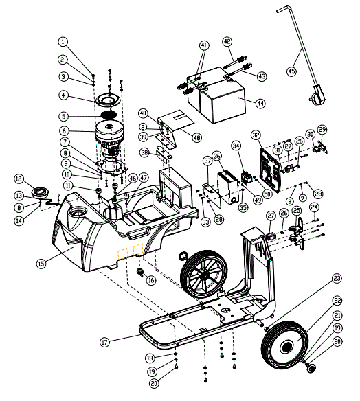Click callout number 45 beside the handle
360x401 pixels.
pyautogui.click(x=291, y=71)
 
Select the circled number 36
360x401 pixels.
pyautogui.click(x=216, y=157)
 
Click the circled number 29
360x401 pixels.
pyautogui.click(x=322, y=129)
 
